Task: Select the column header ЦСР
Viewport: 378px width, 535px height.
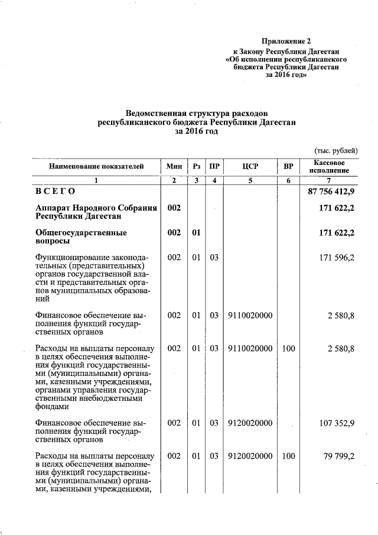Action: tap(250, 167)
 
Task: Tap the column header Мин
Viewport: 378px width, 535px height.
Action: tap(174, 167)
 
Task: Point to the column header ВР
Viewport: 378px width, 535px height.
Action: tap(288, 167)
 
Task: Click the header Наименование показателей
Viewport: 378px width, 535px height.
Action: tap(97, 167)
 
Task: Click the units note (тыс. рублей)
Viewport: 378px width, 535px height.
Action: tap(335, 151)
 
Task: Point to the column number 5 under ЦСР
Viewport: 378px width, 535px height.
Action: tap(250, 180)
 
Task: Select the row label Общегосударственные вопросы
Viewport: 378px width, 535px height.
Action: tap(81, 237)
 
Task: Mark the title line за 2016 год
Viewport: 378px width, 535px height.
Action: tap(197, 131)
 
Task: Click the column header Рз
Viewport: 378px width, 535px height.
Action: tap(197, 167)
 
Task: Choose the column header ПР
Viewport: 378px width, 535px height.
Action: tap(215, 167)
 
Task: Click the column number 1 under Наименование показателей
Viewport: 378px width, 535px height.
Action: tap(97, 180)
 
